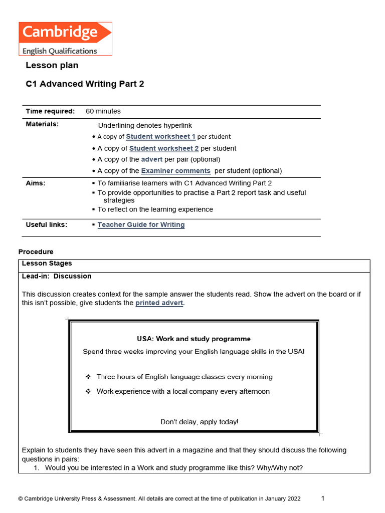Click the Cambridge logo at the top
[x=65, y=39]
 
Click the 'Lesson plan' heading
[x=52, y=66]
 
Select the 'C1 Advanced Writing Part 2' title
[x=85, y=84]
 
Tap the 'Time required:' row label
[x=50, y=111]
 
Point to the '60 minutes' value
[x=103, y=111]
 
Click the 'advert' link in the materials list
[x=151, y=159]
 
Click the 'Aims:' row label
[x=36, y=183]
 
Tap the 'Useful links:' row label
[x=46, y=225]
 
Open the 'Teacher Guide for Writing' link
[x=141, y=225]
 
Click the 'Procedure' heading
[x=36, y=252]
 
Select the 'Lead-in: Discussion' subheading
[x=57, y=276]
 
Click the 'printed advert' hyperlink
[x=159, y=303]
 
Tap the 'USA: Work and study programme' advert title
[x=194, y=339]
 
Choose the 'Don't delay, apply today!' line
[x=200, y=422]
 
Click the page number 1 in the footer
[x=323, y=498]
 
